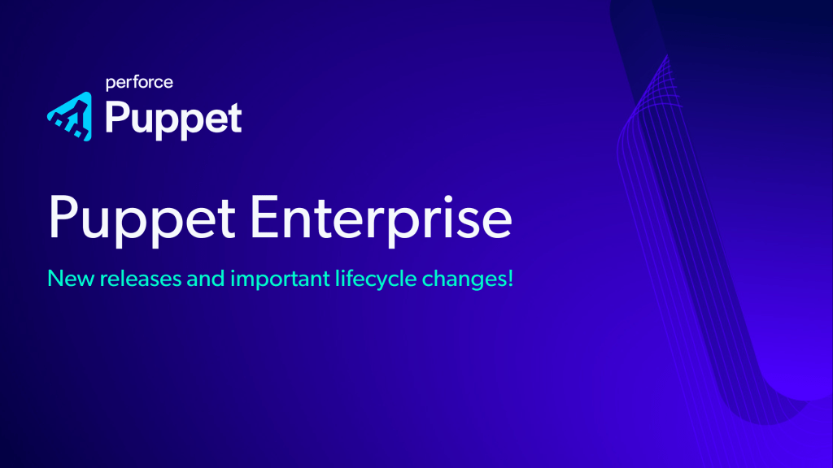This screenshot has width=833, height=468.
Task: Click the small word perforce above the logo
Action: pos(140,82)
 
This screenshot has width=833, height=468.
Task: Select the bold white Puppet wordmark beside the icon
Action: pos(173,119)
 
